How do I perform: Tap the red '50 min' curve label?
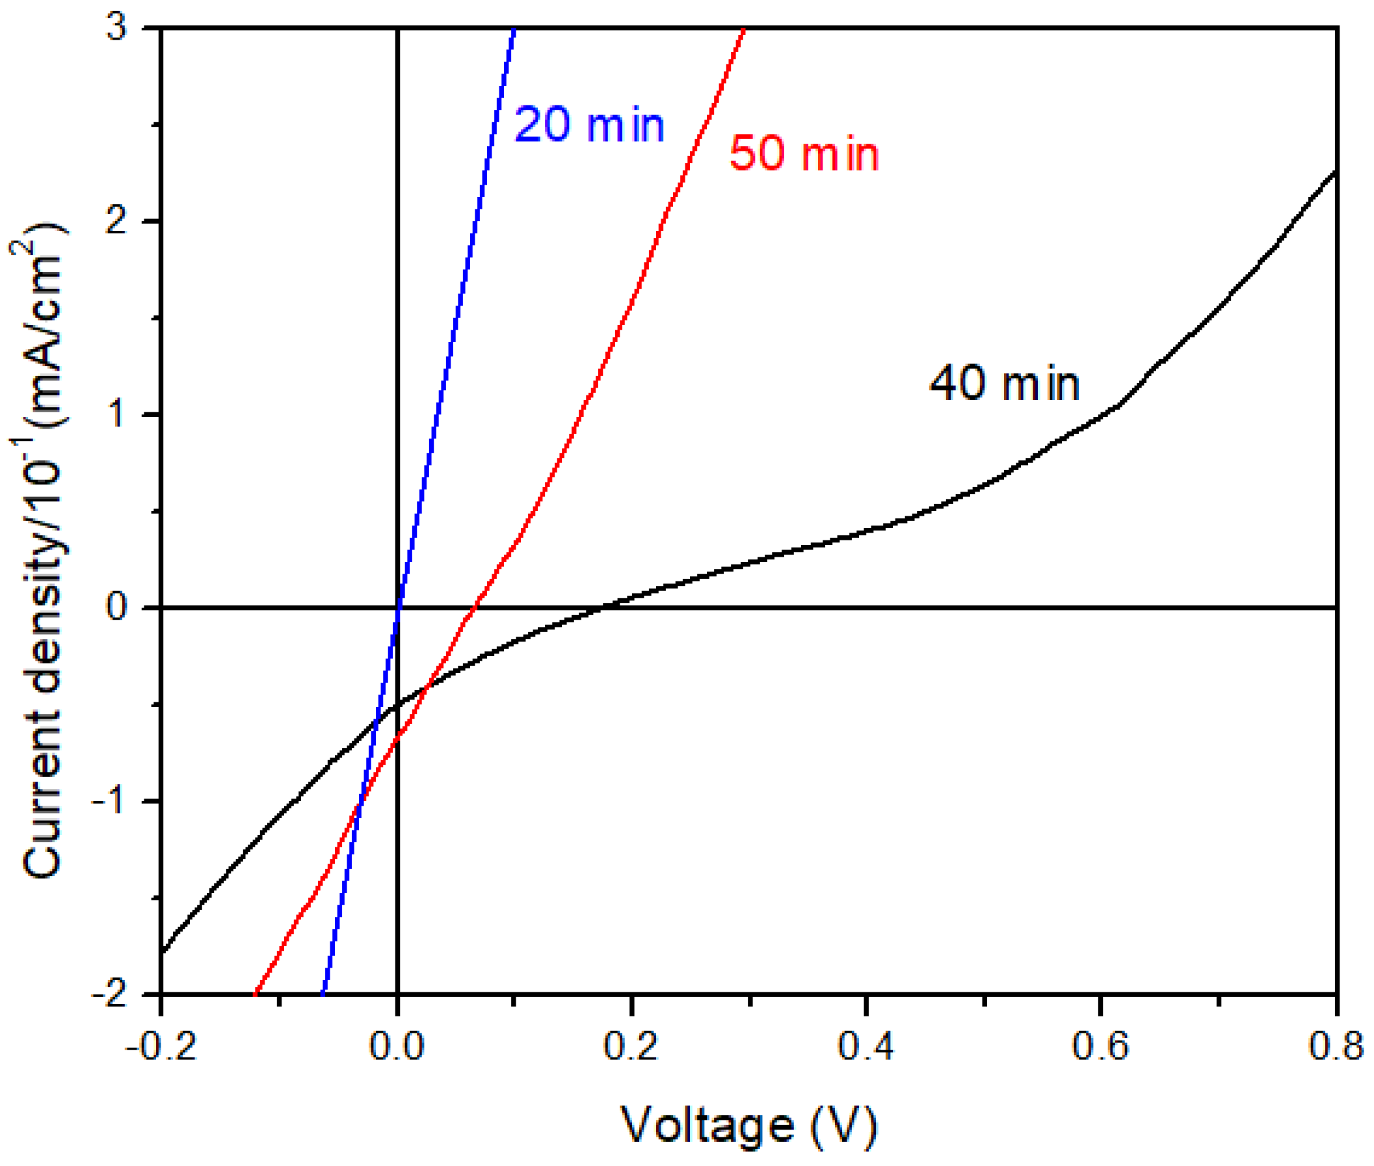pos(804,153)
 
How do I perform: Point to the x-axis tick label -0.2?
pos(161,1048)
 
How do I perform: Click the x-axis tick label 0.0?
pos(397,1048)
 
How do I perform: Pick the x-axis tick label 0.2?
pos(631,1048)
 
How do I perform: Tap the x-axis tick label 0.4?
pos(865,1048)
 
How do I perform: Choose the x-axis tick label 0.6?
pos(1100,1048)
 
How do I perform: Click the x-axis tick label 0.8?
pos(1336,1048)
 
